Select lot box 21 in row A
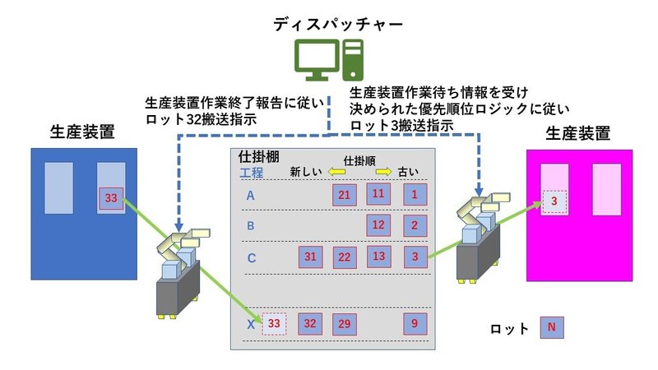point(345,195)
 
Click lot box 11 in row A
point(378,195)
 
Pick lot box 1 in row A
point(415,195)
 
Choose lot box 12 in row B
point(378,225)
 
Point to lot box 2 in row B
point(415,225)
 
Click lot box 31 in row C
point(310,257)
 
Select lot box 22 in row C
point(345,257)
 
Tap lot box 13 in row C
point(378,257)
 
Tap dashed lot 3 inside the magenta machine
point(554,201)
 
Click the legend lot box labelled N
point(551,328)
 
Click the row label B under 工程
point(251,225)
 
